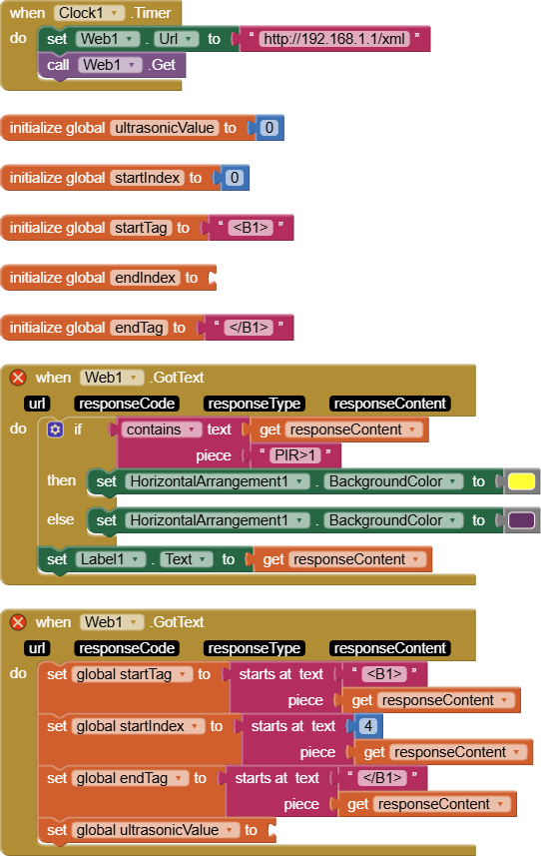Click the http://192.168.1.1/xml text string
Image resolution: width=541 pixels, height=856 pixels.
(334, 39)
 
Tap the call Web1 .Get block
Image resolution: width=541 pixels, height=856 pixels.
(112, 65)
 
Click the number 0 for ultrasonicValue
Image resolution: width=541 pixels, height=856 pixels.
(270, 128)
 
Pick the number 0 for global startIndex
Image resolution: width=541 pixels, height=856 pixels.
(235, 178)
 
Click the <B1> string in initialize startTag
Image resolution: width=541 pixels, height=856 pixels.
(251, 227)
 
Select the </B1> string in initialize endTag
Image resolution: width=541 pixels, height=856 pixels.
(249, 327)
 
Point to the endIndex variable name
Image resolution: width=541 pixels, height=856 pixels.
(145, 278)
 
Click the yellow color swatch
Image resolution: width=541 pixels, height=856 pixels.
(521, 481)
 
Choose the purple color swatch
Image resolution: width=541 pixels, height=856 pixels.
(521, 519)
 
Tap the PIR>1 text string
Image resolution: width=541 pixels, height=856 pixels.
(295, 454)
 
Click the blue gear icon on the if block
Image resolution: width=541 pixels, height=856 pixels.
(55, 429)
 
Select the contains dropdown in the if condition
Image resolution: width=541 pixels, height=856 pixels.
(161, 429)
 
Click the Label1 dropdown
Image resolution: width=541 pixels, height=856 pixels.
(111, 559)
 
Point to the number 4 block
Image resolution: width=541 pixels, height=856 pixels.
(368, 725)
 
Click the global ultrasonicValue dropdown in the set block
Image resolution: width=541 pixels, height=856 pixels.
(156, 830)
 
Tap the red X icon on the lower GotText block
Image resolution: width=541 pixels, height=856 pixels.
(18, 622)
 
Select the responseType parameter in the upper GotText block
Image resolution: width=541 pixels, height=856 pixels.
(255, 404)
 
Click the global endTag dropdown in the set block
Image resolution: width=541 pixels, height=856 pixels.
(130, 778)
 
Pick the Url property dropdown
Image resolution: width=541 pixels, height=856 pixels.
(176, 39)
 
